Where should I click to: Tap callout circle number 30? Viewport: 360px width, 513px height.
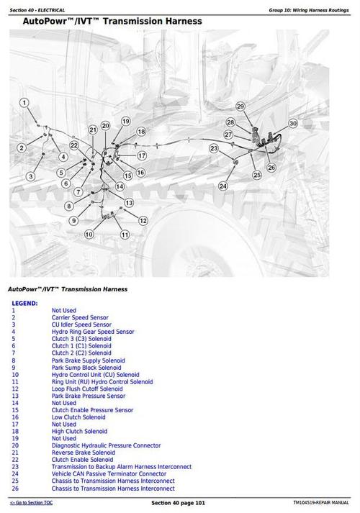(293, 124)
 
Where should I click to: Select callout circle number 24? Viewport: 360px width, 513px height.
(223, 186)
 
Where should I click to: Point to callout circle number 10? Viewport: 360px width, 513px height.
(89, 234)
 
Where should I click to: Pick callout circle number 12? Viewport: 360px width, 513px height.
(143, 221)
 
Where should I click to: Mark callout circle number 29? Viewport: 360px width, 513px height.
(240, 106)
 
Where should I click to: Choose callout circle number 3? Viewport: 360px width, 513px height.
(31, 176)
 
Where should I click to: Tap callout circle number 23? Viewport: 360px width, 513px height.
(214, 148)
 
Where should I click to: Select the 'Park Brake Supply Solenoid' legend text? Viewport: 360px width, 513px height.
(88, 360)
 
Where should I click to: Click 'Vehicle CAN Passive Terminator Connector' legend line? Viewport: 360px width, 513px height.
(108, 473)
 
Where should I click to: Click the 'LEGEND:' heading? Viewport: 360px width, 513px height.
(24, 304)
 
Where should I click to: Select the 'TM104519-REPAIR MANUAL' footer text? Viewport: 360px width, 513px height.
(321, 501)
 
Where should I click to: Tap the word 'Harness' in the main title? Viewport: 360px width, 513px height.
(177, 22)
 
